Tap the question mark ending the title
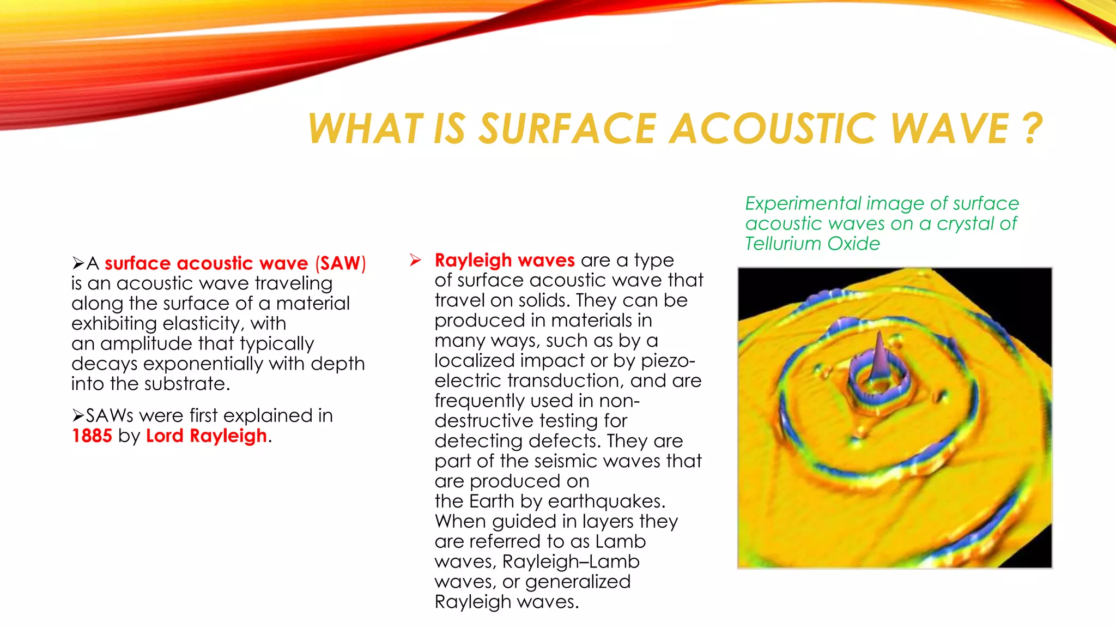point(1031,129)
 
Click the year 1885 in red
point(92,436)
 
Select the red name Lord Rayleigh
point(207,436)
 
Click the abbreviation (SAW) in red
point(341,263)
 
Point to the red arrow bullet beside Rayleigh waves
point(415,260)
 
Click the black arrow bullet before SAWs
point(78,416)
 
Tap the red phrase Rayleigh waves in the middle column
point(505,260)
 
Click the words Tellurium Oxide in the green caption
point(812,244)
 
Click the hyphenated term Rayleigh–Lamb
point(571,561)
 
